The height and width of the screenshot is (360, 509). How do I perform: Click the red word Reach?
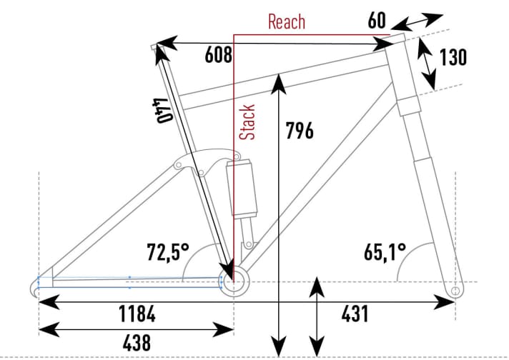tap(287, 21)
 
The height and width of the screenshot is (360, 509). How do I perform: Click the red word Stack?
tap(247, 123)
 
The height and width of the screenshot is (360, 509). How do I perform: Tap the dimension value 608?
tap(219, 55)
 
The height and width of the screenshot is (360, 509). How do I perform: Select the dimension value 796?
tap(299, 131)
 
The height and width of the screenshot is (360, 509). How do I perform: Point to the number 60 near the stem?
tap(377, 20)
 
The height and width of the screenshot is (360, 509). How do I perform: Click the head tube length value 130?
tap(453, 56)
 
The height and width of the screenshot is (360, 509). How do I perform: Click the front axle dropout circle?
tap(455, 291)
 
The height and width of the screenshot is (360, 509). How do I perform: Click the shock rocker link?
tap(201, 164)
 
